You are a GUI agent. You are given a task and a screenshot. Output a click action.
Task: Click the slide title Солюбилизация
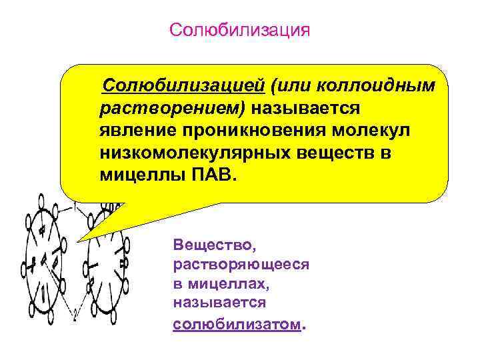pyautogui.click(x=240, y=30)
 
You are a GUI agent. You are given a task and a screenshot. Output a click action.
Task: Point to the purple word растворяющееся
pyautogui.click(x=241, y=265)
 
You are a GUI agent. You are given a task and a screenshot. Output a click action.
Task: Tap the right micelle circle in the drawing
pyautogui.click(x=107, y=267)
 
